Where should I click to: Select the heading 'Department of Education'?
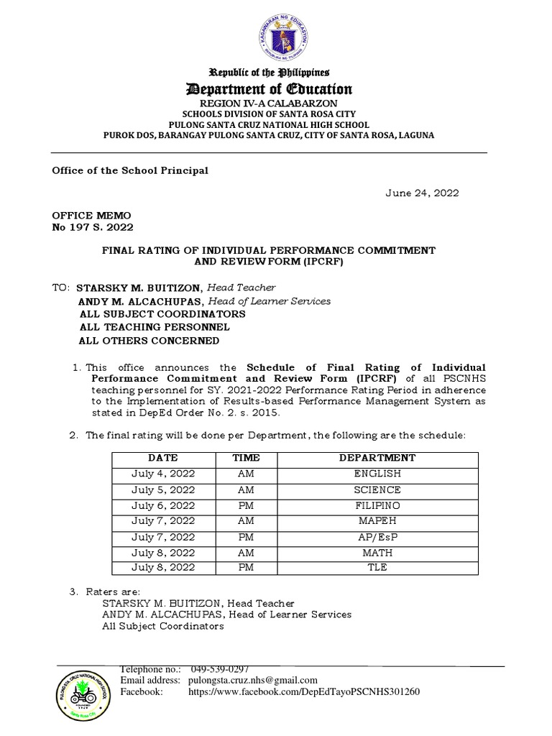[x=270, y=89]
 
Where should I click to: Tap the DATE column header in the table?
[x=163, y=458]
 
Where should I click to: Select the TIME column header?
[x=245, y=458]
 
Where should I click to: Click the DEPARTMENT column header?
[x=377, y=458]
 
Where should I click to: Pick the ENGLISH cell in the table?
[x=377, y=474]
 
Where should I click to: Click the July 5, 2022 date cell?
[x=163, y=489]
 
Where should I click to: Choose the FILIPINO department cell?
[x=377, y=505]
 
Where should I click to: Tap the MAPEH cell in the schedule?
[x=377, y=521]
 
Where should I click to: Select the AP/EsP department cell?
[x=377, y=536]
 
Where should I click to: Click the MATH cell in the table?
[x=377, y=552]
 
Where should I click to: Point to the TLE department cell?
[x=377, y=567]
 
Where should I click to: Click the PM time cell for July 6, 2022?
[x=245, y=505]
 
